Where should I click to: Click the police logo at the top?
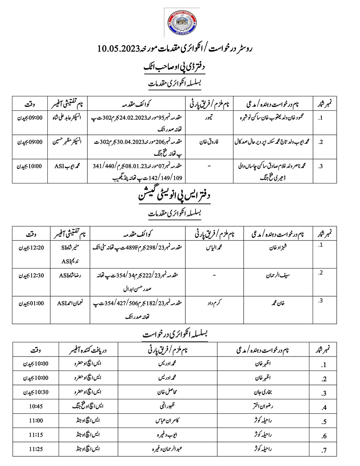point(182,23)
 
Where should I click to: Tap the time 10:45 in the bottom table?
point(36,406)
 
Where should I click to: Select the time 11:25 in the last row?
point(36,449)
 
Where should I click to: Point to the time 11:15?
point(36,435)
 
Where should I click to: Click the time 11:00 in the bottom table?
point(36,421)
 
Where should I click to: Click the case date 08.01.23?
point(130,166)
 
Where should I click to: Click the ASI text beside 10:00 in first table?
point(59,166)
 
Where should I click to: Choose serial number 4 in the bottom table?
point(324,408)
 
